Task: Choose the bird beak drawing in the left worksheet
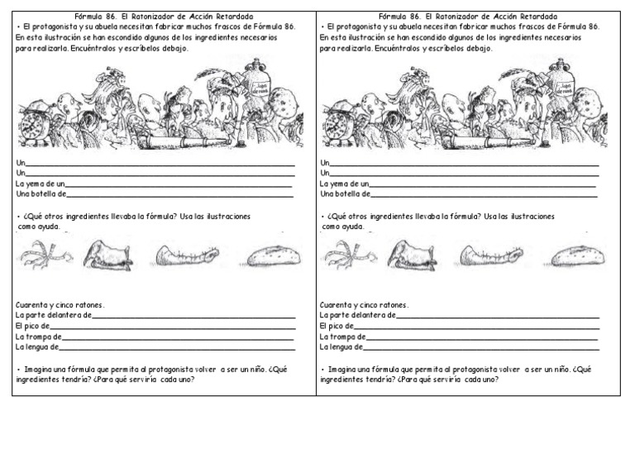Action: [x=107, y=256]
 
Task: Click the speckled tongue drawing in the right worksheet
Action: [x=578, y=256]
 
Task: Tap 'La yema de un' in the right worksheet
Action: [x=345, y=184]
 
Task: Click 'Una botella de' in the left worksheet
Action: [x=41, y=195]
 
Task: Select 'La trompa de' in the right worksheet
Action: [x=342, y=337]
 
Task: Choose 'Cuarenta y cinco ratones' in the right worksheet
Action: [x=363, y=305]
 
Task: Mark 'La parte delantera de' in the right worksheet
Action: [x=358, y=316]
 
